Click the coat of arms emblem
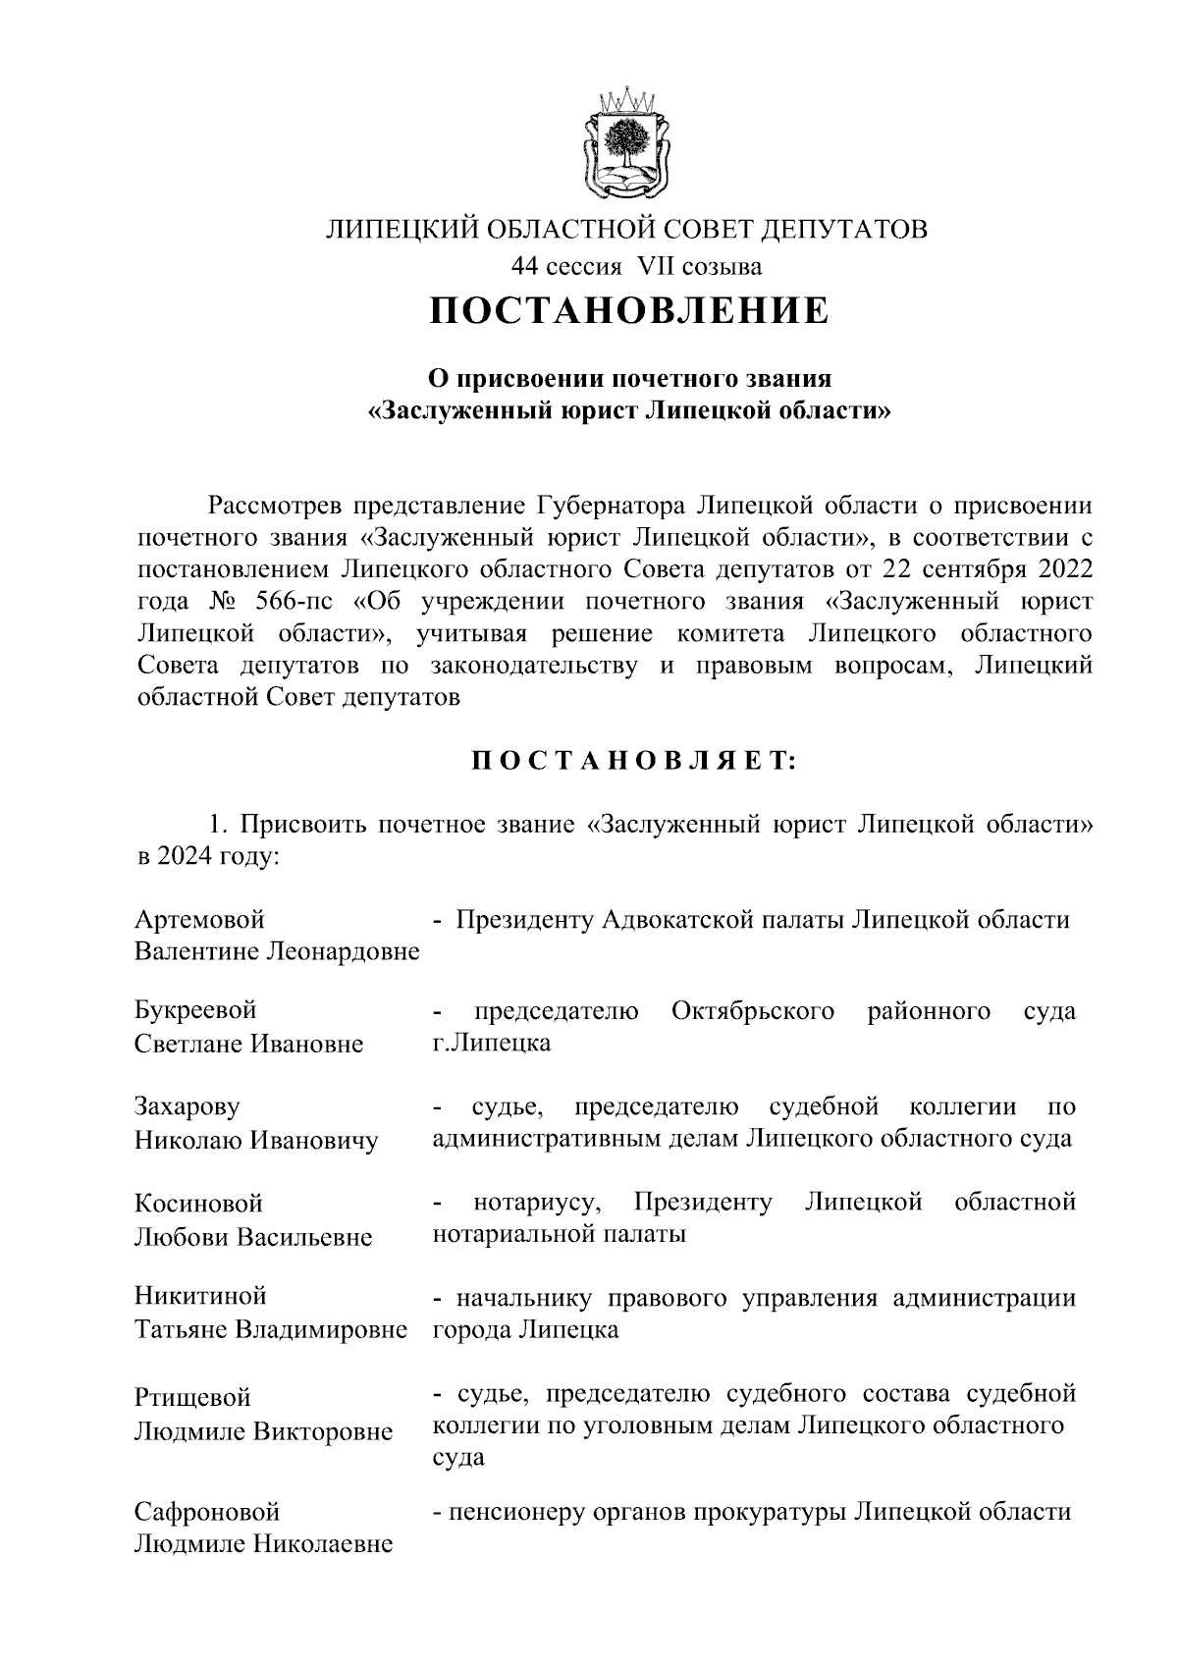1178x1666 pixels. [626, 144]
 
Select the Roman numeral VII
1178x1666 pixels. [657, 266]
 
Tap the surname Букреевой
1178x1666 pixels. [195, 1011]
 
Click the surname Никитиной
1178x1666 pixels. [200, 1297]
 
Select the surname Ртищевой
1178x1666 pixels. [192, 1397]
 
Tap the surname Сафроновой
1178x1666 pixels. [207, 1511]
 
